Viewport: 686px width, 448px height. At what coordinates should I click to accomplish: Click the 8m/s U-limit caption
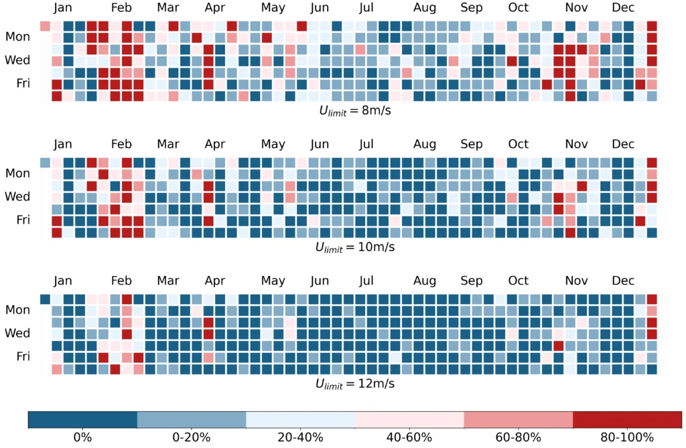point(354,111)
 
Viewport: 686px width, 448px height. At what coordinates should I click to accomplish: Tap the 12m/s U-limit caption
point(354,384)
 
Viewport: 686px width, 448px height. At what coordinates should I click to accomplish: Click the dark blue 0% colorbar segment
point(82,419)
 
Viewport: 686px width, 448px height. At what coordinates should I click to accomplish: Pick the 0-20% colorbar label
point(192,438)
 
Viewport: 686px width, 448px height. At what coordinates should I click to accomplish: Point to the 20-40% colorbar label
point(301,438)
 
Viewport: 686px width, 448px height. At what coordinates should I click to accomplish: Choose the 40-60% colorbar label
point(410,438)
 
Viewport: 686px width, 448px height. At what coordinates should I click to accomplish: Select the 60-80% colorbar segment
point(519,419)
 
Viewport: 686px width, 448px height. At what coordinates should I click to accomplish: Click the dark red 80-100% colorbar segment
point(628,419)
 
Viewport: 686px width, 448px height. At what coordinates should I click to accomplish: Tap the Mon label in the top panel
point(17,37)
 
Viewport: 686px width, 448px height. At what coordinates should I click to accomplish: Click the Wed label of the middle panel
point(17,197)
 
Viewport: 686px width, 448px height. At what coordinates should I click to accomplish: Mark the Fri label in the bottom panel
point(22,356)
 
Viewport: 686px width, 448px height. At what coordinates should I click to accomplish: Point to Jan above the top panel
point(63,8)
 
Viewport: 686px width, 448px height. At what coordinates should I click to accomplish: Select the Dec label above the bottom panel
point(623,281)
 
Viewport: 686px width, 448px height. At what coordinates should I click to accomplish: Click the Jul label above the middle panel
point(366,144)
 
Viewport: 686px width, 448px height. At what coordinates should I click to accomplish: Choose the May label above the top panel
point(273,8)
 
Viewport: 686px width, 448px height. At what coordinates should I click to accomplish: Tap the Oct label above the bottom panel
point(518,281)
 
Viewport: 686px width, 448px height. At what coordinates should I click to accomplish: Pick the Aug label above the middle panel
point(425,144)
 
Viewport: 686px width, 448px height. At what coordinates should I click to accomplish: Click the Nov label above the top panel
point(576,8)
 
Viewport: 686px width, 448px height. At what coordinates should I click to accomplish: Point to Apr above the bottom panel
point(215,281)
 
